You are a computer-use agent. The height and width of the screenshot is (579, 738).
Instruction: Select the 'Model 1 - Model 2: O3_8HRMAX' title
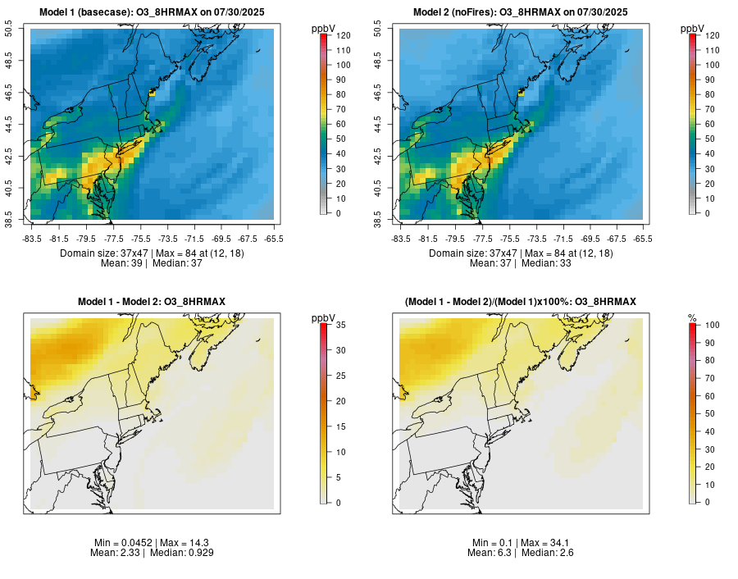152,302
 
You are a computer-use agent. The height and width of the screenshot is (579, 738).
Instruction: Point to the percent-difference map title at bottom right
520,302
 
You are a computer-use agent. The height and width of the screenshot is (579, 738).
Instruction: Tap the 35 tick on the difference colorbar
339,325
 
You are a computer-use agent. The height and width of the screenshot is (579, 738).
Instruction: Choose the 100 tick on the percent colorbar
710,325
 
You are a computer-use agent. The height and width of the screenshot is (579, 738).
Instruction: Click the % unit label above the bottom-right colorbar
692,318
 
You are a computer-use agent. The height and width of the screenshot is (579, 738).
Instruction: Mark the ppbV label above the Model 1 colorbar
324,29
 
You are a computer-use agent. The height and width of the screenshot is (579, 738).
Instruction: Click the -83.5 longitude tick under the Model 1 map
32,239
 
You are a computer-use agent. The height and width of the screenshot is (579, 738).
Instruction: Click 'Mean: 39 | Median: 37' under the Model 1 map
152,264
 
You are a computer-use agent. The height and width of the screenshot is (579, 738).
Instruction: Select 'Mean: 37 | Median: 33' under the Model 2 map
520,264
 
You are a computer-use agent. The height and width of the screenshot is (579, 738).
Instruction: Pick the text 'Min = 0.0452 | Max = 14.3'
152,543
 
